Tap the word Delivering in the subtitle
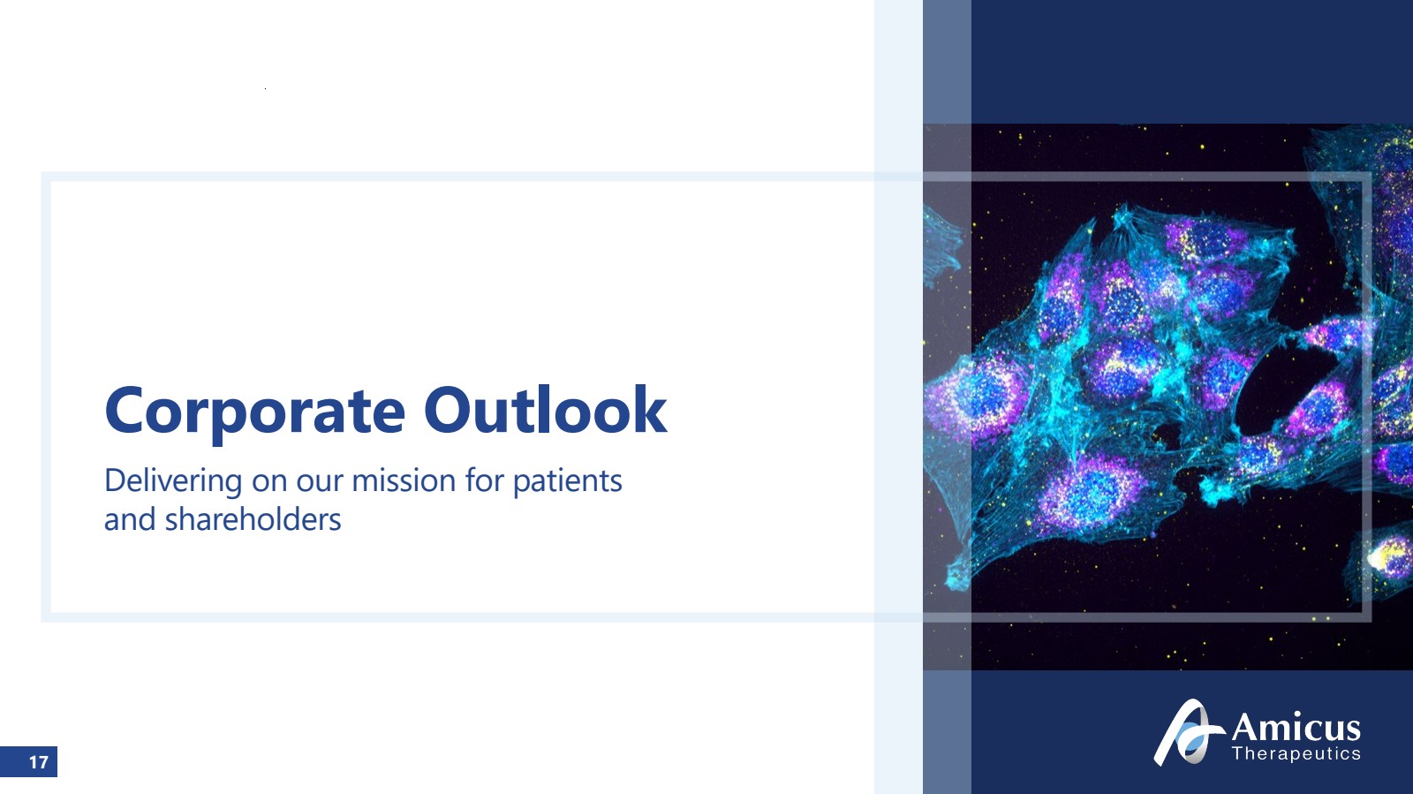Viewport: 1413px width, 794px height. pos(173,481)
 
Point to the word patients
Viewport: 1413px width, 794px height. pos(568,482)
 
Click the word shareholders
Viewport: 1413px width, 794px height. pos(253,519)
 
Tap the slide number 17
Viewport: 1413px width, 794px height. pos(39,762)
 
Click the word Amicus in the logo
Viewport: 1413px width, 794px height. pos(1296,727)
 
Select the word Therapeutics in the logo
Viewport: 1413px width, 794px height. pos(1296,753)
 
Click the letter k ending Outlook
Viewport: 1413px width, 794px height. pos(649,409)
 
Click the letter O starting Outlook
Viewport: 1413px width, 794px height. pos(450,410)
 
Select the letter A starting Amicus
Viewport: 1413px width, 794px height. pos(1247,727)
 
